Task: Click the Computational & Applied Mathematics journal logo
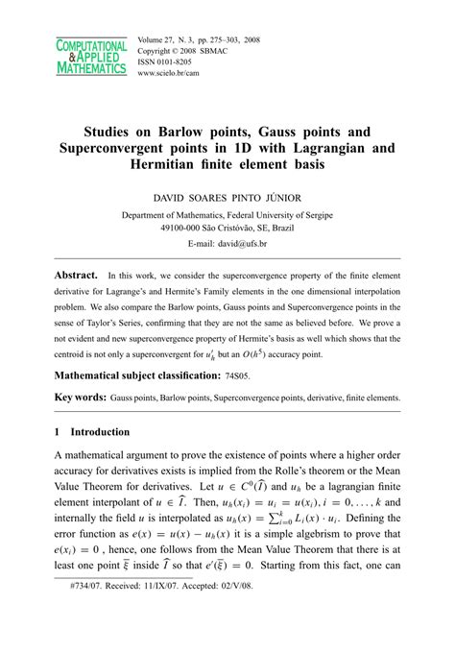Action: (x=91, y=58)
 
